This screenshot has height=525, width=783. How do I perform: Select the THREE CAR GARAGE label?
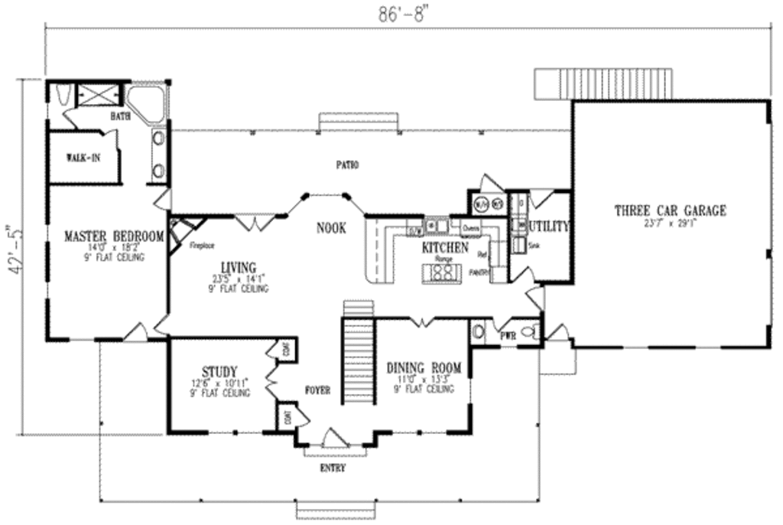tap(670, 211)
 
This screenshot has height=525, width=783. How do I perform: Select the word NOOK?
tap(330, 228)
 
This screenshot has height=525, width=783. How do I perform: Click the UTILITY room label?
tap(548, 227)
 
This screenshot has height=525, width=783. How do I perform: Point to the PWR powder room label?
tap(508, 334)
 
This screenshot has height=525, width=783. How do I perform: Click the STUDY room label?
tap(219, 370)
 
